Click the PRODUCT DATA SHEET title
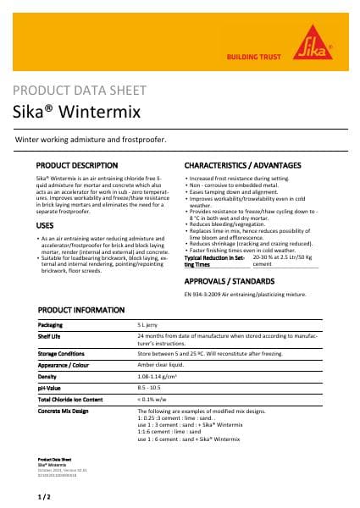pyautogui.click(x=80, y=90)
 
